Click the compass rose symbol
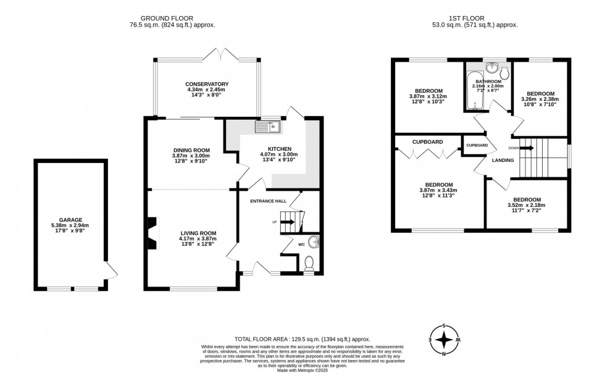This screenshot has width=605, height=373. [444, 340]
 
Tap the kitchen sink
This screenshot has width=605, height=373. [270, 127]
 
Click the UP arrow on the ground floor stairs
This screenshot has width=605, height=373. [288, 221]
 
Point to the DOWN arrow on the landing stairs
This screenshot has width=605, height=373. [527, 148]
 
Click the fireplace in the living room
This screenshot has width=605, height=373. [152, 233]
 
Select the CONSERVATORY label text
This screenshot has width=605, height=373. [207, 84]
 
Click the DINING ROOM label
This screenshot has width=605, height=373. [191, 150]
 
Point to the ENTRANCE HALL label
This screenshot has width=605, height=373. [268, 201]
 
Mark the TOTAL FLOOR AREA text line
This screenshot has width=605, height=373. [302, 339]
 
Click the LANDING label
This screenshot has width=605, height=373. [503, 161]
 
